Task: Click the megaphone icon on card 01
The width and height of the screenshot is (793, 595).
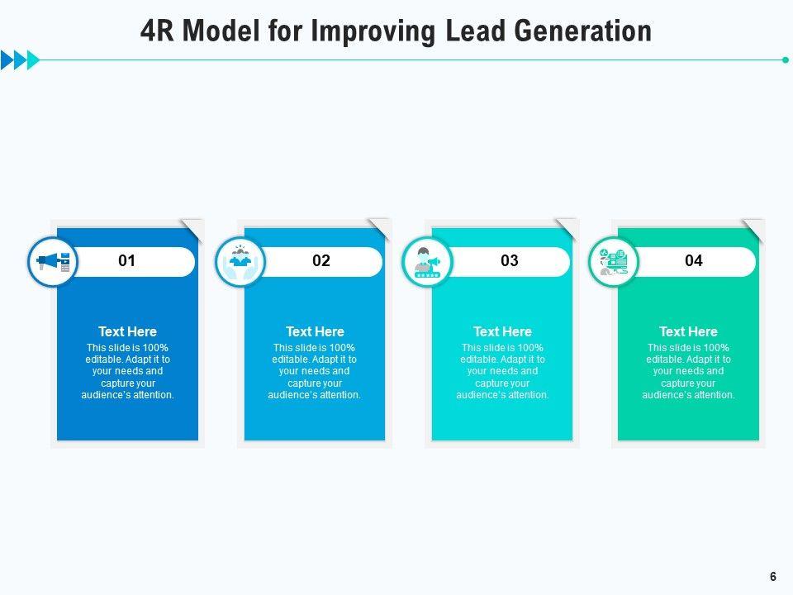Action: point(53,262)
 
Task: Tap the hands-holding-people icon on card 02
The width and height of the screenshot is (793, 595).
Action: point(240,262)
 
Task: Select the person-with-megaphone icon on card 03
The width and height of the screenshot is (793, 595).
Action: point(427,262)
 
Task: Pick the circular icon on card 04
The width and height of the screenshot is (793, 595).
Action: point(613,262)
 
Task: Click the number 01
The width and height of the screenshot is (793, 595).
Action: point(126,261)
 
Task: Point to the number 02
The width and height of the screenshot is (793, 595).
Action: point(321,261)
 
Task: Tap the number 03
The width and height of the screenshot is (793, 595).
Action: point(510,261)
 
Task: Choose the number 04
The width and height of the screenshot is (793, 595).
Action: point(694,261)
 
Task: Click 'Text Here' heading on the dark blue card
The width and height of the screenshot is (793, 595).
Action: point(127,331)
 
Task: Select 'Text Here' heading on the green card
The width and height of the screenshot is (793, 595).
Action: point(688,331)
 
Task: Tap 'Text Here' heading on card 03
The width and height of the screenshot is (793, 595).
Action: point(502,331)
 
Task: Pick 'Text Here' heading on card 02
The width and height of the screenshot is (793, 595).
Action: point(315,331)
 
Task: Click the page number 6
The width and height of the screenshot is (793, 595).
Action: point(773,577)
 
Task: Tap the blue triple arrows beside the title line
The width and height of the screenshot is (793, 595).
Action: point(20,59)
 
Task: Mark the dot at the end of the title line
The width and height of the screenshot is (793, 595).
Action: point(785,59)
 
